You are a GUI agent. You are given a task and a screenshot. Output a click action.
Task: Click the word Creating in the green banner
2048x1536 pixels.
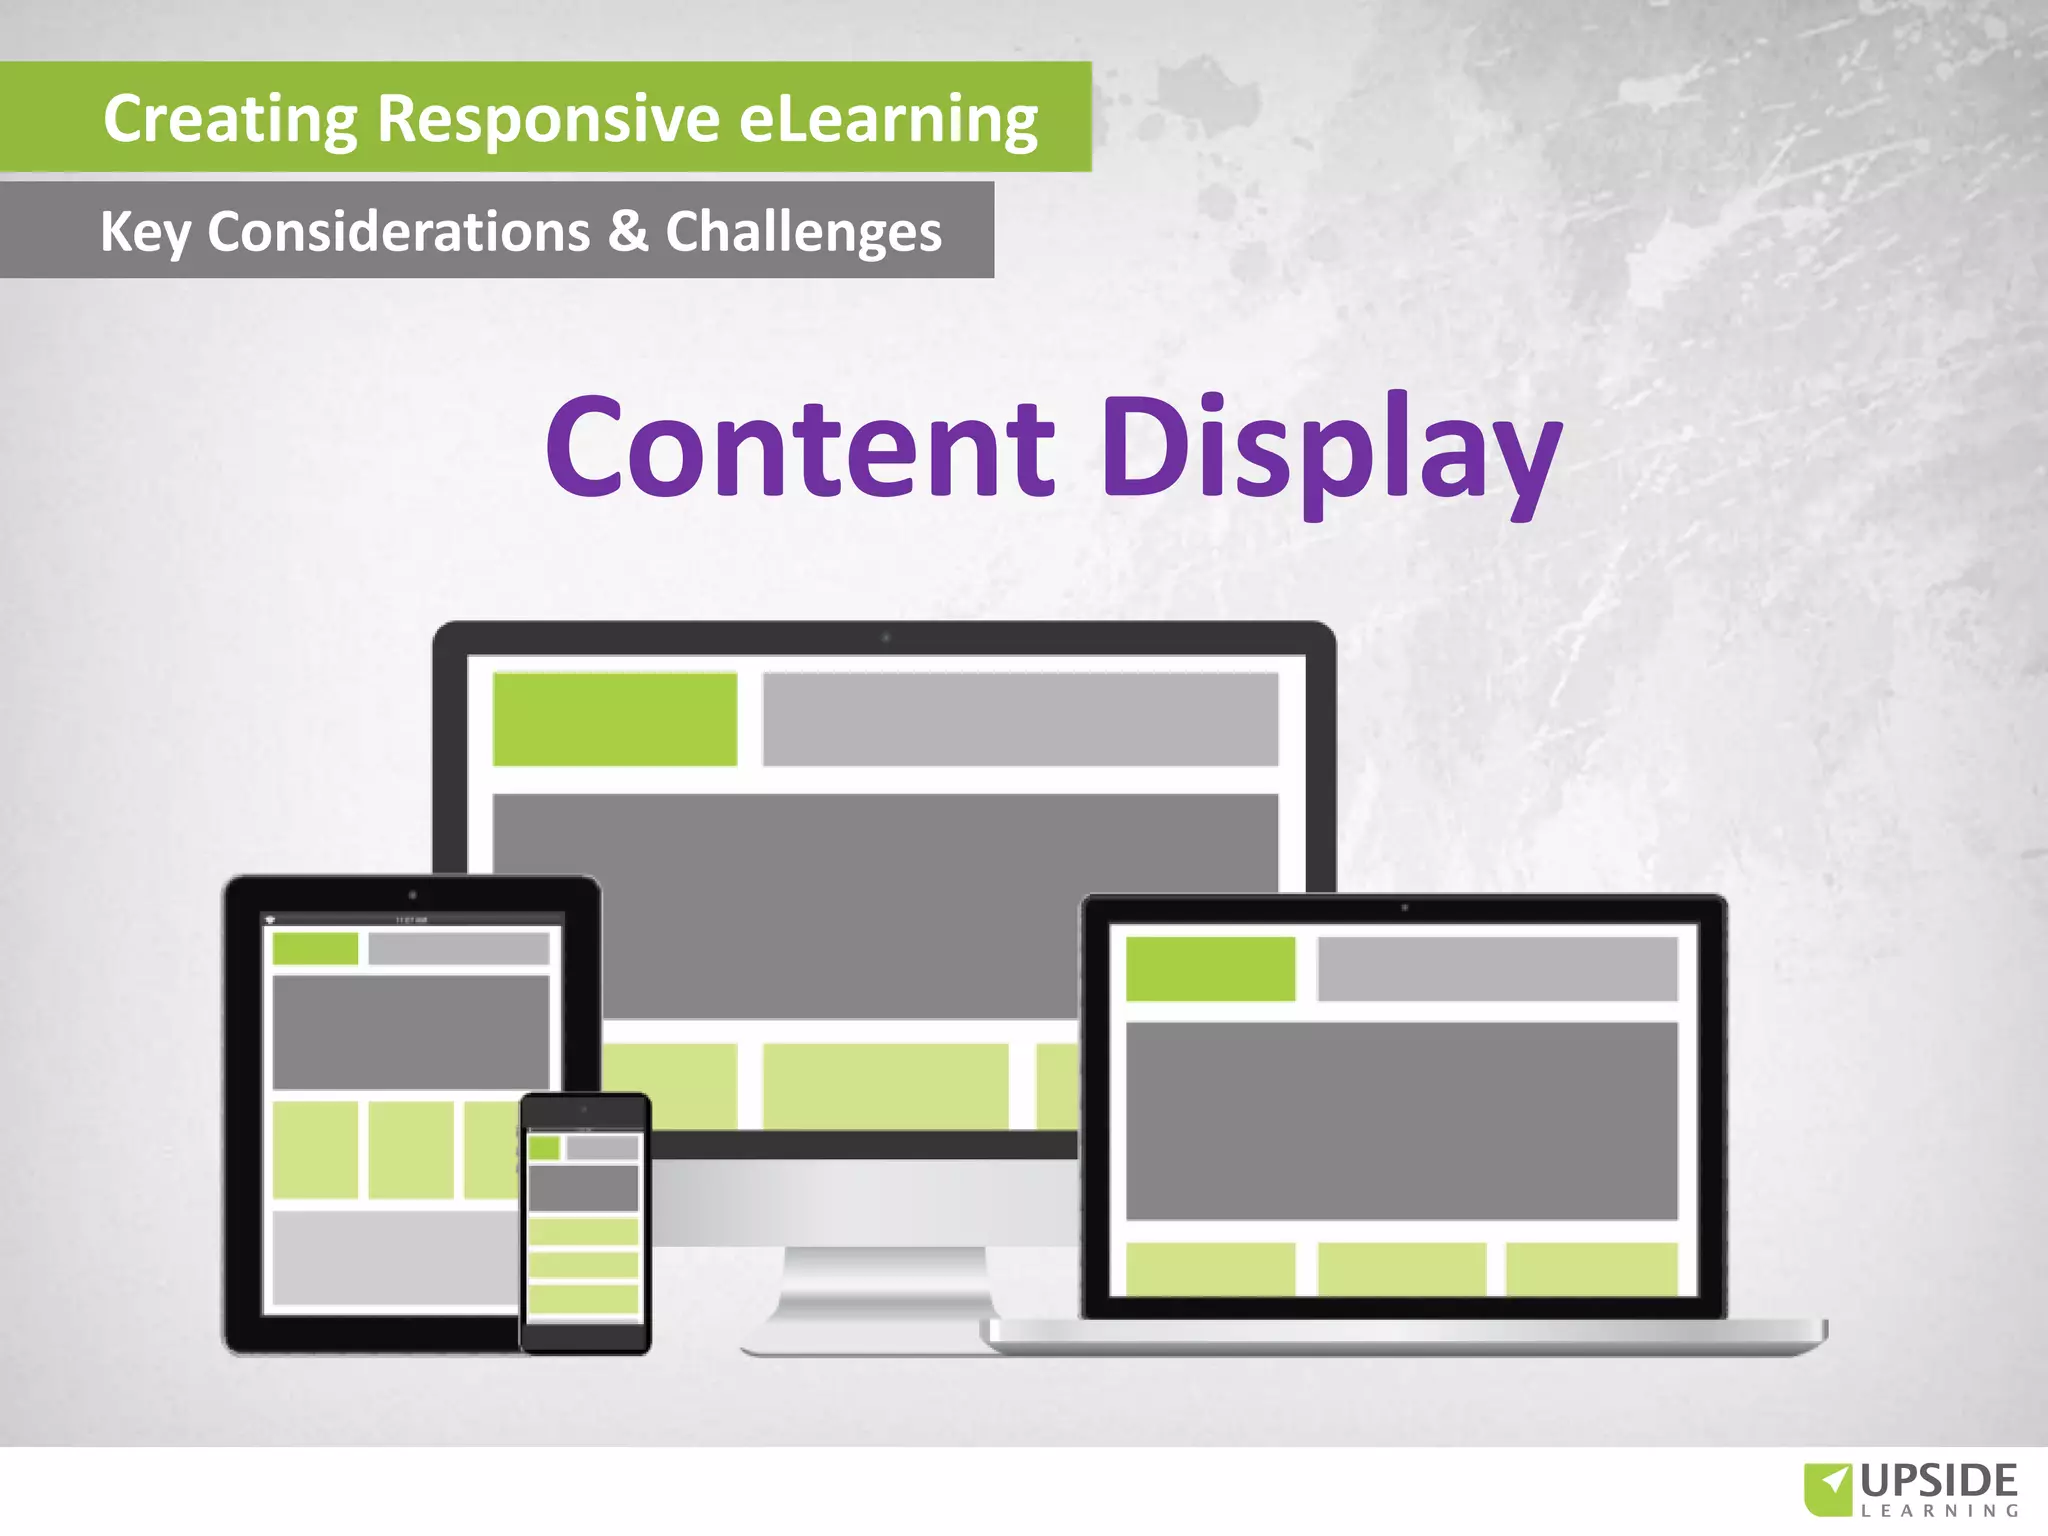point(230,119)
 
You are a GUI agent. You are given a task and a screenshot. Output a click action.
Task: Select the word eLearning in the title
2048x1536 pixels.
point(888,119)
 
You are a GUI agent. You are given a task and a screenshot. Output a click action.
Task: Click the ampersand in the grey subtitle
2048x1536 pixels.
point(627,230)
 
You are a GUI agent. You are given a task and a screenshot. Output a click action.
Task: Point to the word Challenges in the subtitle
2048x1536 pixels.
point(803,232)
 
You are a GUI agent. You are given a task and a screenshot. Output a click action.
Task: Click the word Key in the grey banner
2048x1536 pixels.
point(144,232)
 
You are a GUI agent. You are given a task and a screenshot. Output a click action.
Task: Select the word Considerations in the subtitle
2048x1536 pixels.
point(398,231)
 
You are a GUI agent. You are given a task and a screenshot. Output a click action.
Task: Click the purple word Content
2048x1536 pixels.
point(800,446)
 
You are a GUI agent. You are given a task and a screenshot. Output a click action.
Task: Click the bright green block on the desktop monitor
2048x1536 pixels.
point(615,719)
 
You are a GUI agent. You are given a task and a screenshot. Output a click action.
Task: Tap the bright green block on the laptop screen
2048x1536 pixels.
point(1210,968)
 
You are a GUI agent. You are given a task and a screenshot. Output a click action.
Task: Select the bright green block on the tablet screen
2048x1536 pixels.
point(315,948)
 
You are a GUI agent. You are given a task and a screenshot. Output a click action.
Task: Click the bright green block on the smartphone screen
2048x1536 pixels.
point(544,1147)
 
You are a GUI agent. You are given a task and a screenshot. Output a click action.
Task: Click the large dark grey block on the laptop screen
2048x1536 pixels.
point(1400,1120)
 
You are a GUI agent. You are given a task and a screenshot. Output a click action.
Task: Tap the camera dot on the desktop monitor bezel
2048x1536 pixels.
point(885,637)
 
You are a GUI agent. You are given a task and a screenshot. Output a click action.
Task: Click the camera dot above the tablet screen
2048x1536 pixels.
point(412,895)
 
